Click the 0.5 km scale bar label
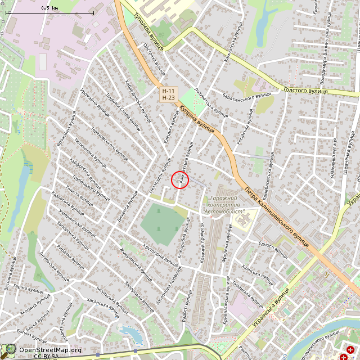click(50, 8)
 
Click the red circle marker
click(179, 180)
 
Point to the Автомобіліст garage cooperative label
click(223, 205)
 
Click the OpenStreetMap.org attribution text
click(50, 350)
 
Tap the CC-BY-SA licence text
click(46, 356)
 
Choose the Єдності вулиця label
click(273, 248)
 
